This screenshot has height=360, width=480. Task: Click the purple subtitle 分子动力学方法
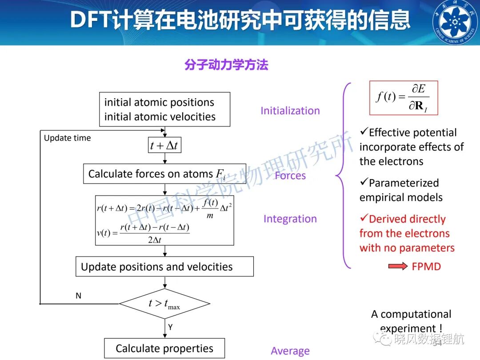pyautogui.click(x=226, y=64)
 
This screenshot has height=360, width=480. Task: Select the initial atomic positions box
pyautogui.click(x=165, y=109)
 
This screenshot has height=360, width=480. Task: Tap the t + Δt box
pyautogui.click(x=165, y=145)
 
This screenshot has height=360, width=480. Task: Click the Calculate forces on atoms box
pyautogui.click(x=165, y=174)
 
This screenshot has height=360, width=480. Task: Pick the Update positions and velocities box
pyautogui.click(x=165, y=267)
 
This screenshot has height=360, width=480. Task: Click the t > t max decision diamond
pyautogui.click(x=165, y=304)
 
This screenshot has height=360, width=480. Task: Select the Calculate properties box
pyautogui.click(x=165, y=348)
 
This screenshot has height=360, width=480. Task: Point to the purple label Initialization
pyautogui.click(x=290, y=111)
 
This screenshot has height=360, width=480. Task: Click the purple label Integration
pyautogui.click(x=290, y=219)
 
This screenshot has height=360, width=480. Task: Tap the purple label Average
pyautogui.click(x=290, y=351)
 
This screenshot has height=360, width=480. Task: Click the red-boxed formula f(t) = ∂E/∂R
pyautogui.click(x=404, y=98)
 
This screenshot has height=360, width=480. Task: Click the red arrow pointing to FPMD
pyautogui.click(x=398, y=266)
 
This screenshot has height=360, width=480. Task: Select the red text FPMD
pyautogui.click(x=426, y=267)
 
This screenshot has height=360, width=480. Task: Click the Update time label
pyautogui.click(x=68, y=138)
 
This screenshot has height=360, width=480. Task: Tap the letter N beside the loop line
pyautogui.click(x=78, y=296)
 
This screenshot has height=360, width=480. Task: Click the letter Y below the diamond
pyautogui.click(x=170, y=327)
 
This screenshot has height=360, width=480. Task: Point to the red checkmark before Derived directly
pyautogui.click(x=364, y=218)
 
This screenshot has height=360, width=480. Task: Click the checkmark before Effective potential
pyautogui.click(x=364, y=131)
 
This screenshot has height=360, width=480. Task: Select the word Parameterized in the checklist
pyautogui.click(x=404, y=183)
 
